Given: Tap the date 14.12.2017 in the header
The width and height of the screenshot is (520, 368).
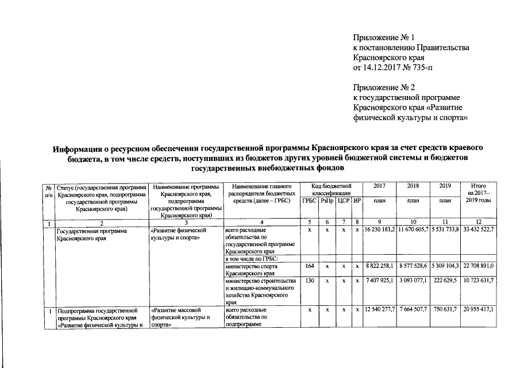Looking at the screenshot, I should (x=382, y=68).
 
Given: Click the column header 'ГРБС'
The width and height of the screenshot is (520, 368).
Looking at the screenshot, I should (x=309, y=201).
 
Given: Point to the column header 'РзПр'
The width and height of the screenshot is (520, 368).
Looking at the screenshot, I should (x=327, y=201).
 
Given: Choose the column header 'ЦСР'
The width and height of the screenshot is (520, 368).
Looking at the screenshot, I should (x=344, y=201).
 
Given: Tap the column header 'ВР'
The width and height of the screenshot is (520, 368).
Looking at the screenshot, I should (x=357, y=201).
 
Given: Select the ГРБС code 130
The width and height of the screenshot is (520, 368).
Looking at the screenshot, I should (x=309, y=281).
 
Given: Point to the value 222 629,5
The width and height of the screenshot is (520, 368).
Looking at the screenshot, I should (x=445, y=281).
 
